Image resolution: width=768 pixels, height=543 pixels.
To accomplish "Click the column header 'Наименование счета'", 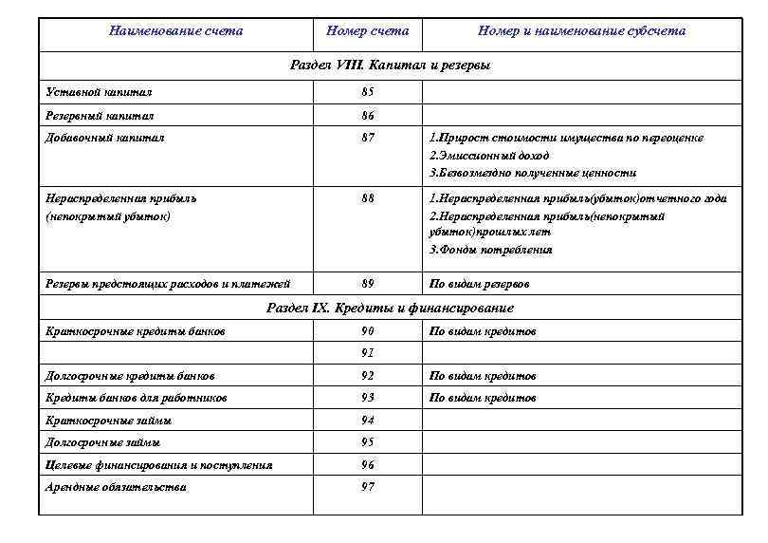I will coord(175,31).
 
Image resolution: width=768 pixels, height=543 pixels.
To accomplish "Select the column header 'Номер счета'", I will coord(367,31).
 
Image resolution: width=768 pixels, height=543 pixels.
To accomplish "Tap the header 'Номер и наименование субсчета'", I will coord(581,31).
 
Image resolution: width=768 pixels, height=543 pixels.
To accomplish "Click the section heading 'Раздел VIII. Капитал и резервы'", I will coord(390,66).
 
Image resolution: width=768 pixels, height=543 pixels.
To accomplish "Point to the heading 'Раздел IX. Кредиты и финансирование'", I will coord(390,309).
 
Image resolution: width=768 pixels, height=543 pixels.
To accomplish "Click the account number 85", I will coord(367,93).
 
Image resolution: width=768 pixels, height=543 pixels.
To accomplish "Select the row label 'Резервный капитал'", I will coord(101,116).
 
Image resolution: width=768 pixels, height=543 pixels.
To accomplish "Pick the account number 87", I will coord(367,139).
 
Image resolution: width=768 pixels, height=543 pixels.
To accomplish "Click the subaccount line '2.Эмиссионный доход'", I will coord(489,156).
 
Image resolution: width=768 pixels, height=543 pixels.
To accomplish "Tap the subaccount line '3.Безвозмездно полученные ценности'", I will coord(533,174).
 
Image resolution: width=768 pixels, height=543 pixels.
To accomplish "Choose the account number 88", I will coord(367,199).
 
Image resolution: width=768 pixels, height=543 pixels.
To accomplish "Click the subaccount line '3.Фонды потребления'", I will coord(490,251).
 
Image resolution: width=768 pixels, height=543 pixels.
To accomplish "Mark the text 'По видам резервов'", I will coord(479,285).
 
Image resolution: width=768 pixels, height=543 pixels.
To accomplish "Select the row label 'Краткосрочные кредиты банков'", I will coord(136,331).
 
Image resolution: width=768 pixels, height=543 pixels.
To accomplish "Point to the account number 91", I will coord(367,353).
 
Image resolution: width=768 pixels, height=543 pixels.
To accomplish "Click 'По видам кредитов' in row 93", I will coord(483,398).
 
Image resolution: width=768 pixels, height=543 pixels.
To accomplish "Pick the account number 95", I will coord(367,442).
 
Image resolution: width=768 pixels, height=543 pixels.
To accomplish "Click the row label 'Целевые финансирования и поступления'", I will coord(159,465).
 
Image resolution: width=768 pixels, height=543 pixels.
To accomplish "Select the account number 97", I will coord(367,487).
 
